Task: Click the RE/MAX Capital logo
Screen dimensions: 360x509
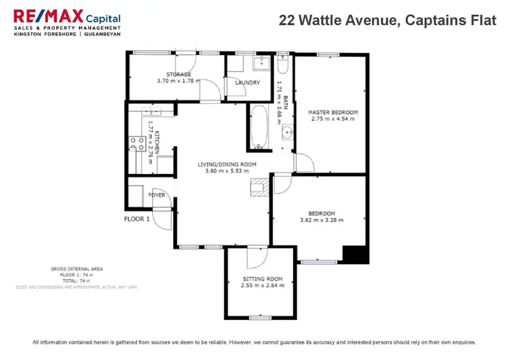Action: [x=67, y=25]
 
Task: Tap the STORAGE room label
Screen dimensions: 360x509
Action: [x=178, y=74]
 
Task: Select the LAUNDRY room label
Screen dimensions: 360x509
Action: [x=248, y=83]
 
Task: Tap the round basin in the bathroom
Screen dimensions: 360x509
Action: [x=287, y=131]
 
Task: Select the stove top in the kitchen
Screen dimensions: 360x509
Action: [x=135, y=143]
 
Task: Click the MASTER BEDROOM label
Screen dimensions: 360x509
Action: [x=333, y=112]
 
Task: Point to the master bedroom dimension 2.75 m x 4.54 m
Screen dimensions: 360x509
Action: [x=333, y=120]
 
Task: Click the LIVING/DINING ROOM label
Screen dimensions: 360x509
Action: [x=227, y=164]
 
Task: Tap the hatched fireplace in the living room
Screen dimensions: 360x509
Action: [x=259, y=187]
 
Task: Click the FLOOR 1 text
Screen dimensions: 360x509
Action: [x=136, y=219]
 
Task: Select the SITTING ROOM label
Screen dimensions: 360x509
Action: [x=261, y=278]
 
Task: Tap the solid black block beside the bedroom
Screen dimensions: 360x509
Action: [x=355, y=254]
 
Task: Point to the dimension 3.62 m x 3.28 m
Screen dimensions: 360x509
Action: [x=322, y=219]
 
